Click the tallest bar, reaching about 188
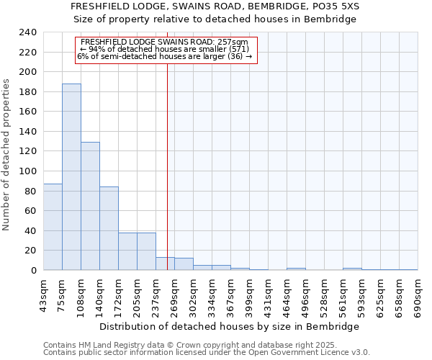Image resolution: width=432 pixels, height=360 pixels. [x=71, y=177]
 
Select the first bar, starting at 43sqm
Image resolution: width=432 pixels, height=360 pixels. [x=53, y=227]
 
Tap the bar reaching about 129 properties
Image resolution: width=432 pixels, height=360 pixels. [x=90, y=206]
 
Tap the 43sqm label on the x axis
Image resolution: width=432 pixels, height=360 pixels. [x=43, y=296]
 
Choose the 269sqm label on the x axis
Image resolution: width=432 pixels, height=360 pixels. [x=174, y=296]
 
